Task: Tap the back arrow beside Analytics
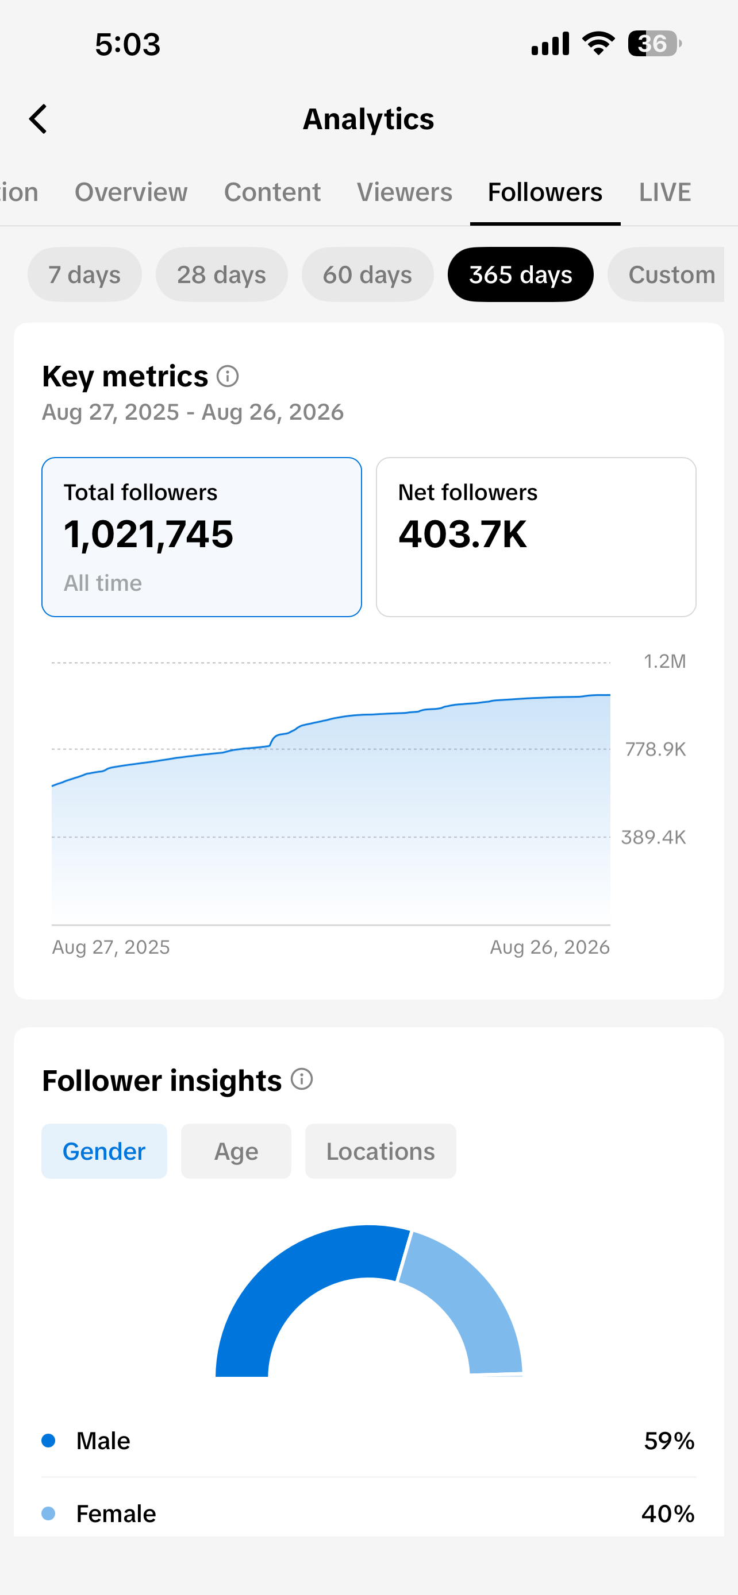pos(38,119)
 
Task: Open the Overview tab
pos(130,192)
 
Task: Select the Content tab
pos(272,192)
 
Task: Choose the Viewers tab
pos(405,192)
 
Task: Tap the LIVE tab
pos(665,192)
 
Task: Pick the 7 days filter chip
pos(85,274)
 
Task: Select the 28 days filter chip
pos(222,274)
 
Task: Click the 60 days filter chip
pos(367,274)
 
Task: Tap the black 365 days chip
pos(521,274)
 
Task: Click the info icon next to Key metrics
pos(228,376)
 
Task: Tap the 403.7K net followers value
pos(462,534)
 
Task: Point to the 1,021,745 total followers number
pos(149,535)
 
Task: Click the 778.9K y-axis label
pos(656,749)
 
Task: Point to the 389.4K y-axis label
pos(654,837)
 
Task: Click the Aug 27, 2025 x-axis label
pos(111,947)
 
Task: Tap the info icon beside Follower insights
pos(302,1079)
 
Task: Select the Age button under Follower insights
pos(236,1151)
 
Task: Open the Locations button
pos(380,1151)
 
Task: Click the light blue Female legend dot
pos(48,1513)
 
